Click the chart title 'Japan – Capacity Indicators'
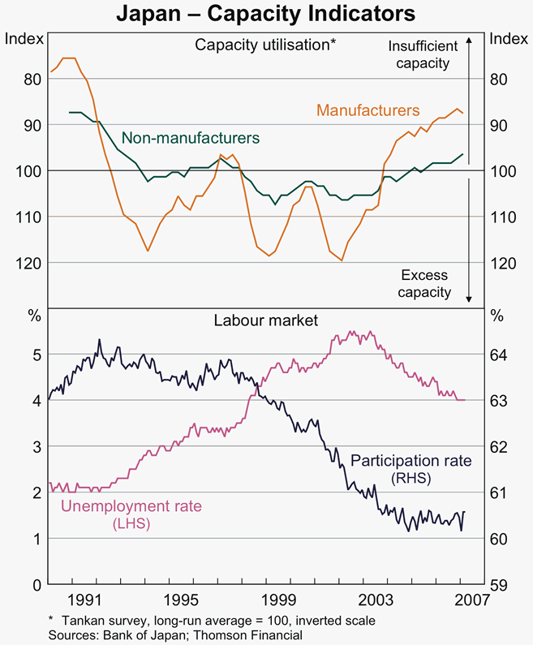[266, 14]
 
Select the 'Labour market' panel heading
[266, 320]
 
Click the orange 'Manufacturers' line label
[368, 109]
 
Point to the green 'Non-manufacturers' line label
[191, 137]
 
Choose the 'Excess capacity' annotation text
[424, 284]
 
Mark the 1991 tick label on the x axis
[84, 600]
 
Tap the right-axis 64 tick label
[500, 355]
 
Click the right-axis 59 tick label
[500, 585]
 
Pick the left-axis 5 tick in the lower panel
[37, 355]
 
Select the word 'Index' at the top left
[24, 38]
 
